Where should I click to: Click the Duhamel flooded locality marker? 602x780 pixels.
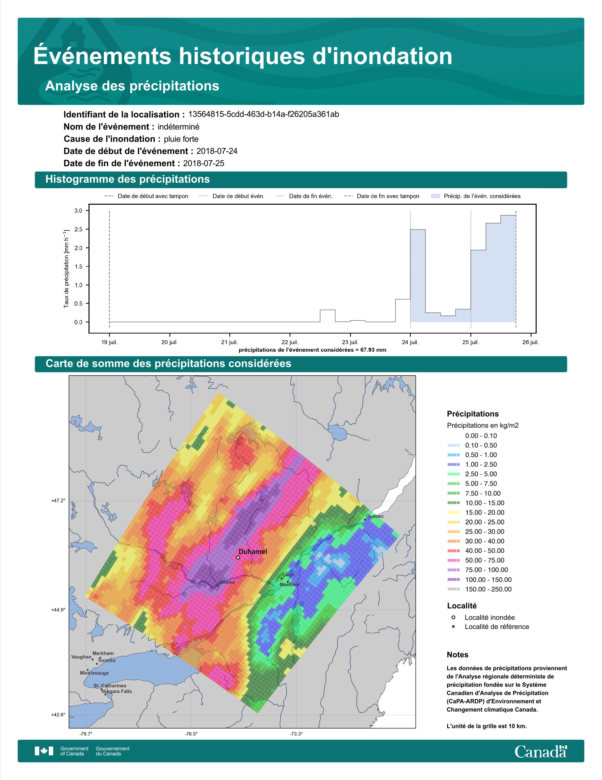tap(238, 557)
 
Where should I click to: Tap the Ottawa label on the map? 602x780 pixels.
tap(227, 582)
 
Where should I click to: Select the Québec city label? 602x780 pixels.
tap(375, 516)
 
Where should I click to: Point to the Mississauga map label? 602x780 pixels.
tap(94, 673)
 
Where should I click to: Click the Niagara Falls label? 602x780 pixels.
tap(117, 691)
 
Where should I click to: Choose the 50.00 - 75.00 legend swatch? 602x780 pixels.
tap(453, 560)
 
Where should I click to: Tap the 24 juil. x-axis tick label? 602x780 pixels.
tap(410, 342)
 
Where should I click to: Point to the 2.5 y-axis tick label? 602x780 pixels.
tap(78, 229)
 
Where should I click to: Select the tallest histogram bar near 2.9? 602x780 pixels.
tap(508, 269)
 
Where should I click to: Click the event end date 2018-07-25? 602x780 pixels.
tap(204, 163)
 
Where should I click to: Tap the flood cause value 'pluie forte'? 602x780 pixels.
tap(181, 139)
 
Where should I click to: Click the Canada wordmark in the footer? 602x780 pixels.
tap(541, 751)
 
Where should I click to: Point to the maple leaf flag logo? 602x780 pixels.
tap(44, 751)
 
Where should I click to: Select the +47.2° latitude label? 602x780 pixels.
tap(59, 501)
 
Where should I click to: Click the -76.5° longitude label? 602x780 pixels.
tap(191, 734)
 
